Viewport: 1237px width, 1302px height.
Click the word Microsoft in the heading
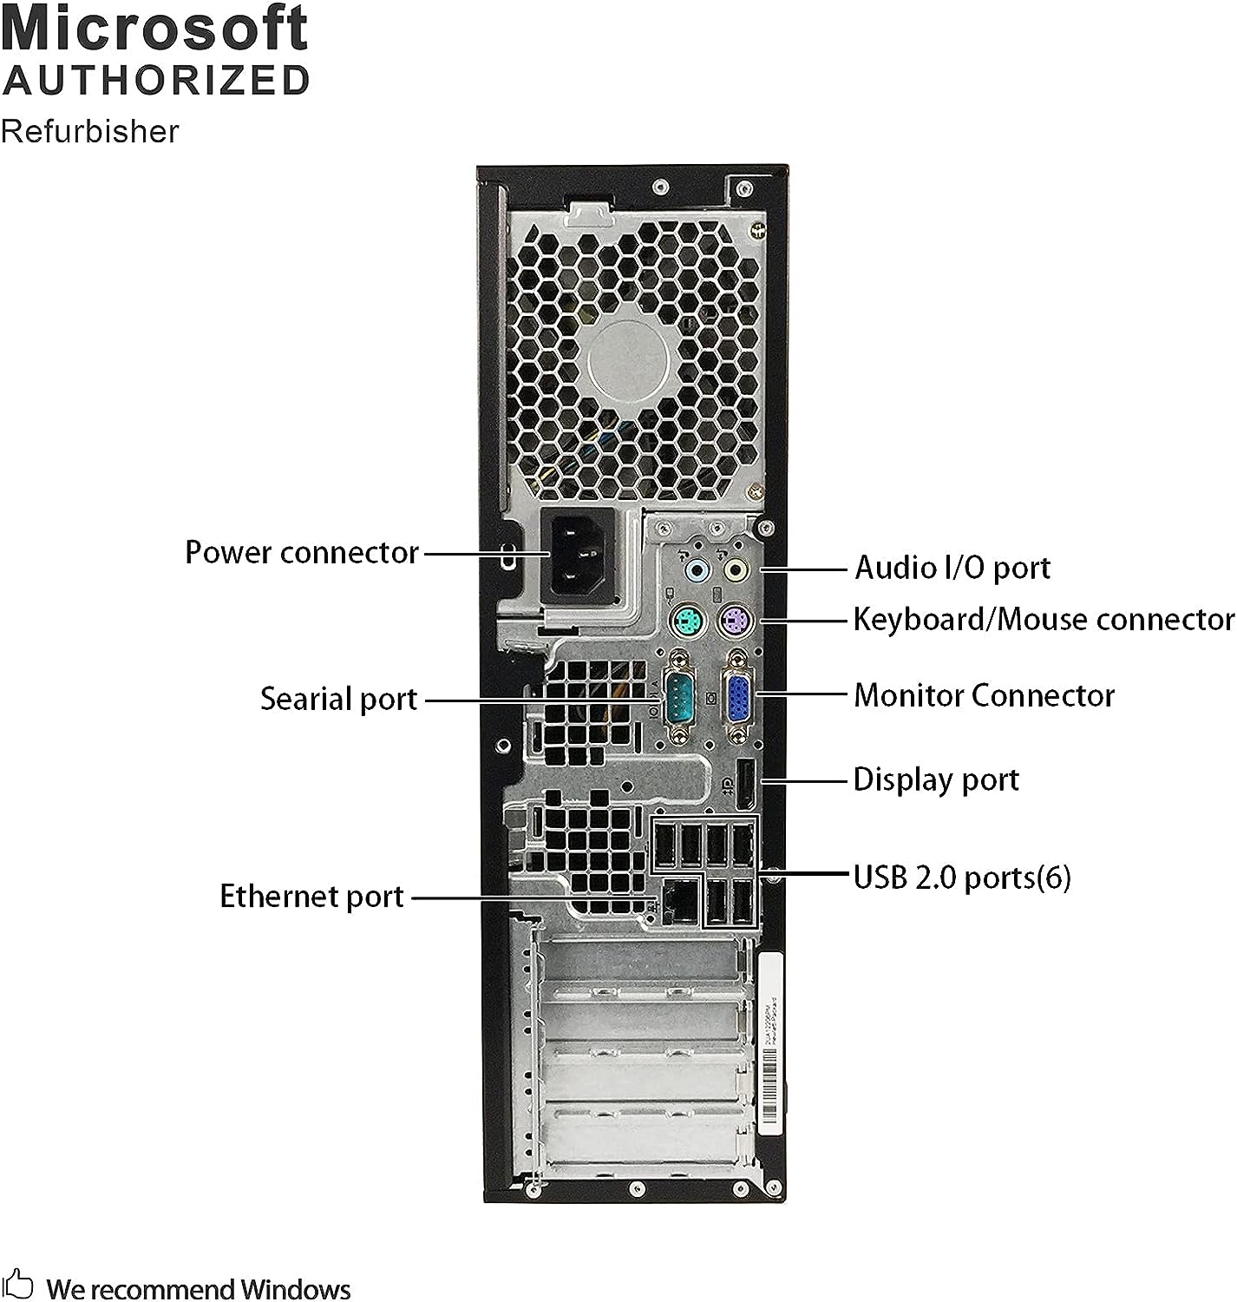[154, 28]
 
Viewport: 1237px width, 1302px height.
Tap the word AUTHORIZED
[156, 80]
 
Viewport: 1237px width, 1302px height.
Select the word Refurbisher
[90, 131]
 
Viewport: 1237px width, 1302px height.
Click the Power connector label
[302, 552]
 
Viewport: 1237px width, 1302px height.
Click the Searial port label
[339, 699]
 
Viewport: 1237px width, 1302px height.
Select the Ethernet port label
[312, 896]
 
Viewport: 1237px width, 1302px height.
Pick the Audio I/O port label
[952, 568]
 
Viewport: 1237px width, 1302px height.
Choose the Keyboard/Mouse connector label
[1044, 619]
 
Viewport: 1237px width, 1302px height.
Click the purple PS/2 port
[736, 621]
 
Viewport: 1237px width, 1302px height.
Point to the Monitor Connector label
[984, 694]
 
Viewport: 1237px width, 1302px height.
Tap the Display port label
[936, 779]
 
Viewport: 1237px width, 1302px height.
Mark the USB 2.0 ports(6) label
[962, 877]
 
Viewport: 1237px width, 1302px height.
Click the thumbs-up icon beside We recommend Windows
[19, 1285]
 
